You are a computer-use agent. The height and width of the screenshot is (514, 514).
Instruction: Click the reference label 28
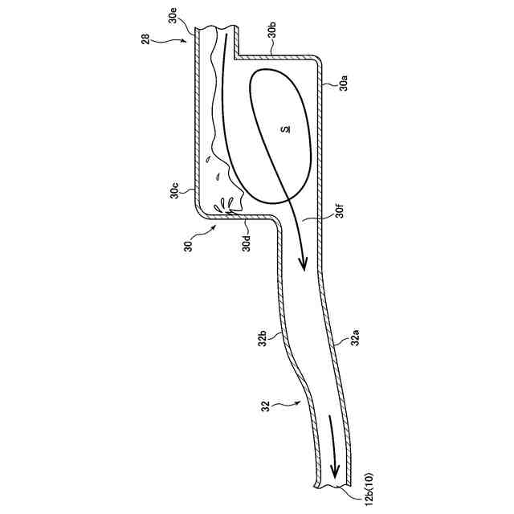(x=147, y=39)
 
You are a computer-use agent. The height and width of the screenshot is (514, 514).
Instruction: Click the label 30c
(x=173, y=191)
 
